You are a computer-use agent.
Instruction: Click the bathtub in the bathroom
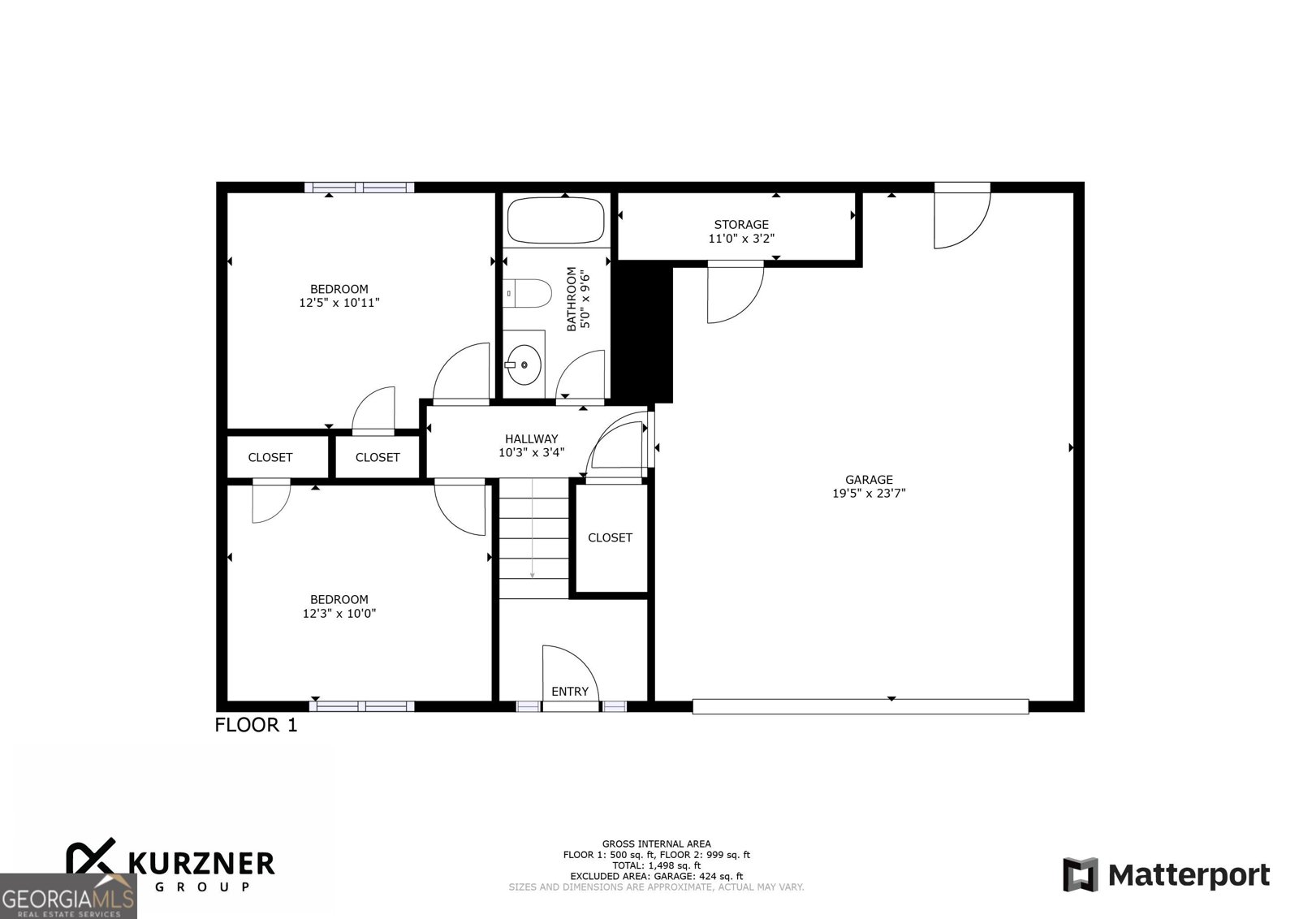(555, 220)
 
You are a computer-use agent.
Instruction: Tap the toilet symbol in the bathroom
(529, 292)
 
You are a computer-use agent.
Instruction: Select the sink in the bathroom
(524, 365)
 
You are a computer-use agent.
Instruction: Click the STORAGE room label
(740, 224)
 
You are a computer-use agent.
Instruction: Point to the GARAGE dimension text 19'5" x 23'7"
(868, 493)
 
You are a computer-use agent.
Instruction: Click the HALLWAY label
(531, 438)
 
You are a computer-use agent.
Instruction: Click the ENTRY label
(569, 691)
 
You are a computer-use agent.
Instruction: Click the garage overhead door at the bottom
(860, 706)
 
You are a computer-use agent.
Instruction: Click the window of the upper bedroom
(359, 188)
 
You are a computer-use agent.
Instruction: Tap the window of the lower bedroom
(361, 705)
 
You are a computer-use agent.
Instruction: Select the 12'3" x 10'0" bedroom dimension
(339, 614)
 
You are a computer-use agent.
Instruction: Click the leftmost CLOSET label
(270, 457)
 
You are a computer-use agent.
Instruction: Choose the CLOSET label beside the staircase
(610, 537)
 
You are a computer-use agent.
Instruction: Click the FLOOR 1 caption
(256, 725)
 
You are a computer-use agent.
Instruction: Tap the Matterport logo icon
(1080, 874)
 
